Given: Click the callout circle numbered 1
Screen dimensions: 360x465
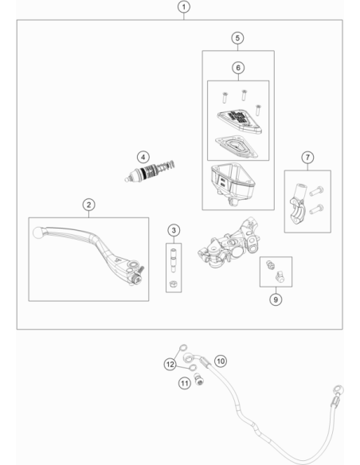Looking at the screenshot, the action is [x=183, y=7].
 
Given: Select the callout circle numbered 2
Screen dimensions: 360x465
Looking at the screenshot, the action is [x=88, y=205].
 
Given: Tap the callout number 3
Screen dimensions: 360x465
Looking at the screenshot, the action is [x=174, y=230].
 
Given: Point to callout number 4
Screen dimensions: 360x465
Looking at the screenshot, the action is [x=143, y=157].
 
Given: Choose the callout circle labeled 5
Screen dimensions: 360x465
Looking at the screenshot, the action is [x=237, y=38].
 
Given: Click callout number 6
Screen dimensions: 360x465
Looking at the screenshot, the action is [x=238, y=68].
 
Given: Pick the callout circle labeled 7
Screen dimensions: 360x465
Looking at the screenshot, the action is [x=307, y=157].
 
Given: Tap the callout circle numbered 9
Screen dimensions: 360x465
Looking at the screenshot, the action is [x=276, y=299].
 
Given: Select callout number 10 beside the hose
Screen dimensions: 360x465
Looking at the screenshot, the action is [x=221, y=361].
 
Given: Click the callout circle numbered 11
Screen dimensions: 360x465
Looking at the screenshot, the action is [x=185, y=384].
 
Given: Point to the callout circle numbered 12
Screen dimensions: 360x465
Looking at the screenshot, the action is [x=170, y=364].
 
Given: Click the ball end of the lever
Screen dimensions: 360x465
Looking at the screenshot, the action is [x=37, y=232].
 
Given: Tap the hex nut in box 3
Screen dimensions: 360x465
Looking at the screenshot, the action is [x=173, y=283].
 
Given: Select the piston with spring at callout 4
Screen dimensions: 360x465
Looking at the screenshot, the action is [x=149, y=171].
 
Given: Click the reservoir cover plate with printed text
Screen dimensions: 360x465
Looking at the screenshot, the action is [x=239, y=121].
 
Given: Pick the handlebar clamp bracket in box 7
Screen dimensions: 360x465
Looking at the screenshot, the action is [x=297, y=205].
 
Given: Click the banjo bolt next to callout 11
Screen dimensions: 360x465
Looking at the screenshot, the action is [x=199, y=379].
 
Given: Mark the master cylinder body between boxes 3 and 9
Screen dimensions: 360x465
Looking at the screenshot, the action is [x=229, y=243].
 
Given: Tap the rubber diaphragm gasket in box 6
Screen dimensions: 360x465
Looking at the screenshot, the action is [x=237, y=147].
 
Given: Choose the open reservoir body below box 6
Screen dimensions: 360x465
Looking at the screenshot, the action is [x=233, y=182].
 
